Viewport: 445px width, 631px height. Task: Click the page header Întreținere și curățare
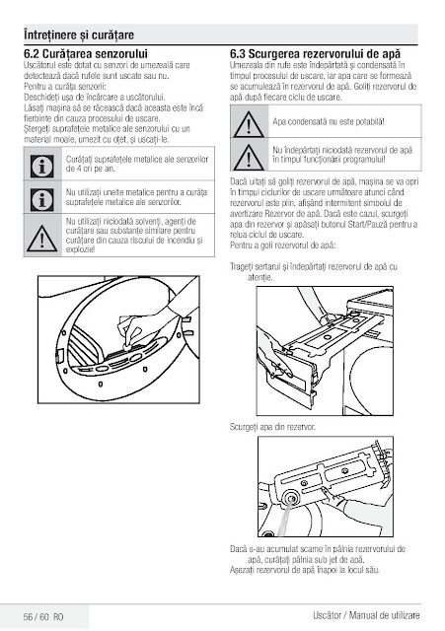coord(79,35)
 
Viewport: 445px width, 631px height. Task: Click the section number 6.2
coord(32,54)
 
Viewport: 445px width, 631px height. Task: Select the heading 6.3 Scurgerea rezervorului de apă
coord(316,54)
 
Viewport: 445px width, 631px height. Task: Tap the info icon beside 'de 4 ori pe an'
coord(41,167)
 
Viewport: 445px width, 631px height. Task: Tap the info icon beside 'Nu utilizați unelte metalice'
coord(41,199)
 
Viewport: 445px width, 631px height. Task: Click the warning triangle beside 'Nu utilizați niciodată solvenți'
coord(41,239)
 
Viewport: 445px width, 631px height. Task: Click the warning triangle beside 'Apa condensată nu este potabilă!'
coord(249,124)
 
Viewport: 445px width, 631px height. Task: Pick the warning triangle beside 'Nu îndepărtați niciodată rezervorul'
coord(249,157)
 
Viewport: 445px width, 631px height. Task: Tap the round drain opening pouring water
coord(290,499)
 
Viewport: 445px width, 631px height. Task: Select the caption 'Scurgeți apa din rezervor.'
coord(272,427)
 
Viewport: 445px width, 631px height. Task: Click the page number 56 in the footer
coord(28,616)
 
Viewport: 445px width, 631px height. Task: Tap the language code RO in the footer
coord(58,616)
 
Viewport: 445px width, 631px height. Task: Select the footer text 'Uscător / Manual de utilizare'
coord(366,615)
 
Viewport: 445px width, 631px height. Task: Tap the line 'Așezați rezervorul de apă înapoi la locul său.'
coord(305,570)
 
